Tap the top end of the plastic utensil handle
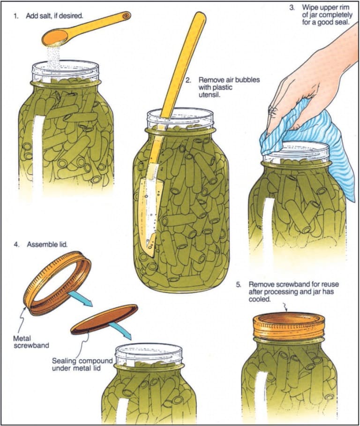(200, 18)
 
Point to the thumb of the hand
(277, 115)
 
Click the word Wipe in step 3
(308, 8)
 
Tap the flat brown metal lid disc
(104, 319)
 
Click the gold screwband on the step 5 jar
(289, 327)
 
